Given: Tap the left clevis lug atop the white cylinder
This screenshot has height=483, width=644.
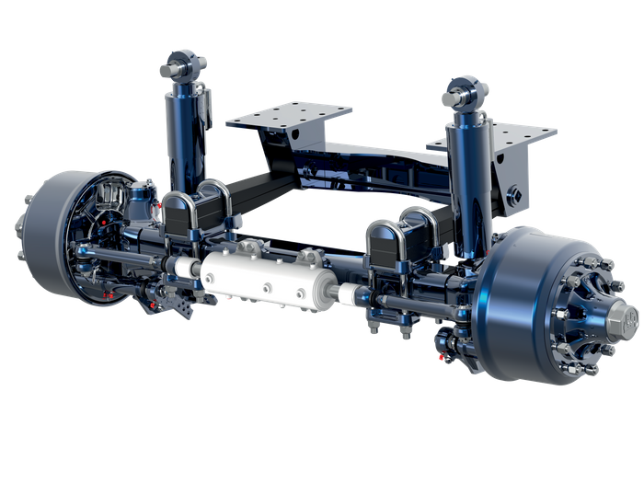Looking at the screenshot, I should (251, 250).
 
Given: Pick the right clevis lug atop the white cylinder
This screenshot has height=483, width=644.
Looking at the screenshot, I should (308, 258).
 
